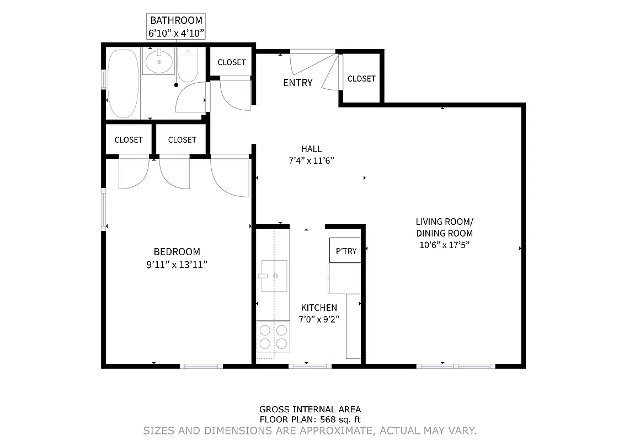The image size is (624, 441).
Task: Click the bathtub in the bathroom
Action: point(123,83)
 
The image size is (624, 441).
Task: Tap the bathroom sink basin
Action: point(159,62)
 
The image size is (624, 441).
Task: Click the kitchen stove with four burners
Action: point(273,337)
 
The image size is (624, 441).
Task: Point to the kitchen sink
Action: point(274,275)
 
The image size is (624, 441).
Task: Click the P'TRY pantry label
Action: point(346,251)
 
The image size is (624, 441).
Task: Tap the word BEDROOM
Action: point(177,251)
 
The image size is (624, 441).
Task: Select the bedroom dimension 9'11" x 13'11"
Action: point(177,265)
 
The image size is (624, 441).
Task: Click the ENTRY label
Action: point(297,83)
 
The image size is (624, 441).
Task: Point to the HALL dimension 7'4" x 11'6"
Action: point(311,160)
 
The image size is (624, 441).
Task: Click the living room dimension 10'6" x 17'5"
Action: point(444,245)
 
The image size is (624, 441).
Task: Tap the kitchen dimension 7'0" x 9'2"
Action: point(318,319)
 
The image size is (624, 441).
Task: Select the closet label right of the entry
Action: point(361,79)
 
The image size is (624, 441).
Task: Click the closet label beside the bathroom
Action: point(231,62)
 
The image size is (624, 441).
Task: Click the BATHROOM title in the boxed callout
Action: point(177,20)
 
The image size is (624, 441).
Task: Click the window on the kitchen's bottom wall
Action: point(310,365)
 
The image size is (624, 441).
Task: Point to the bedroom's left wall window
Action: point(103,209)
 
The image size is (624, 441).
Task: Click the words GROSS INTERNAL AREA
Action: point(310,409)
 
